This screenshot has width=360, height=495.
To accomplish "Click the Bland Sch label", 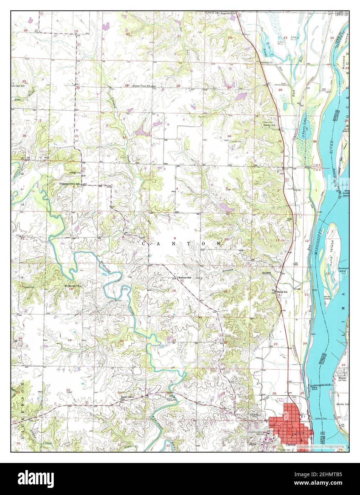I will point(282,292).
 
